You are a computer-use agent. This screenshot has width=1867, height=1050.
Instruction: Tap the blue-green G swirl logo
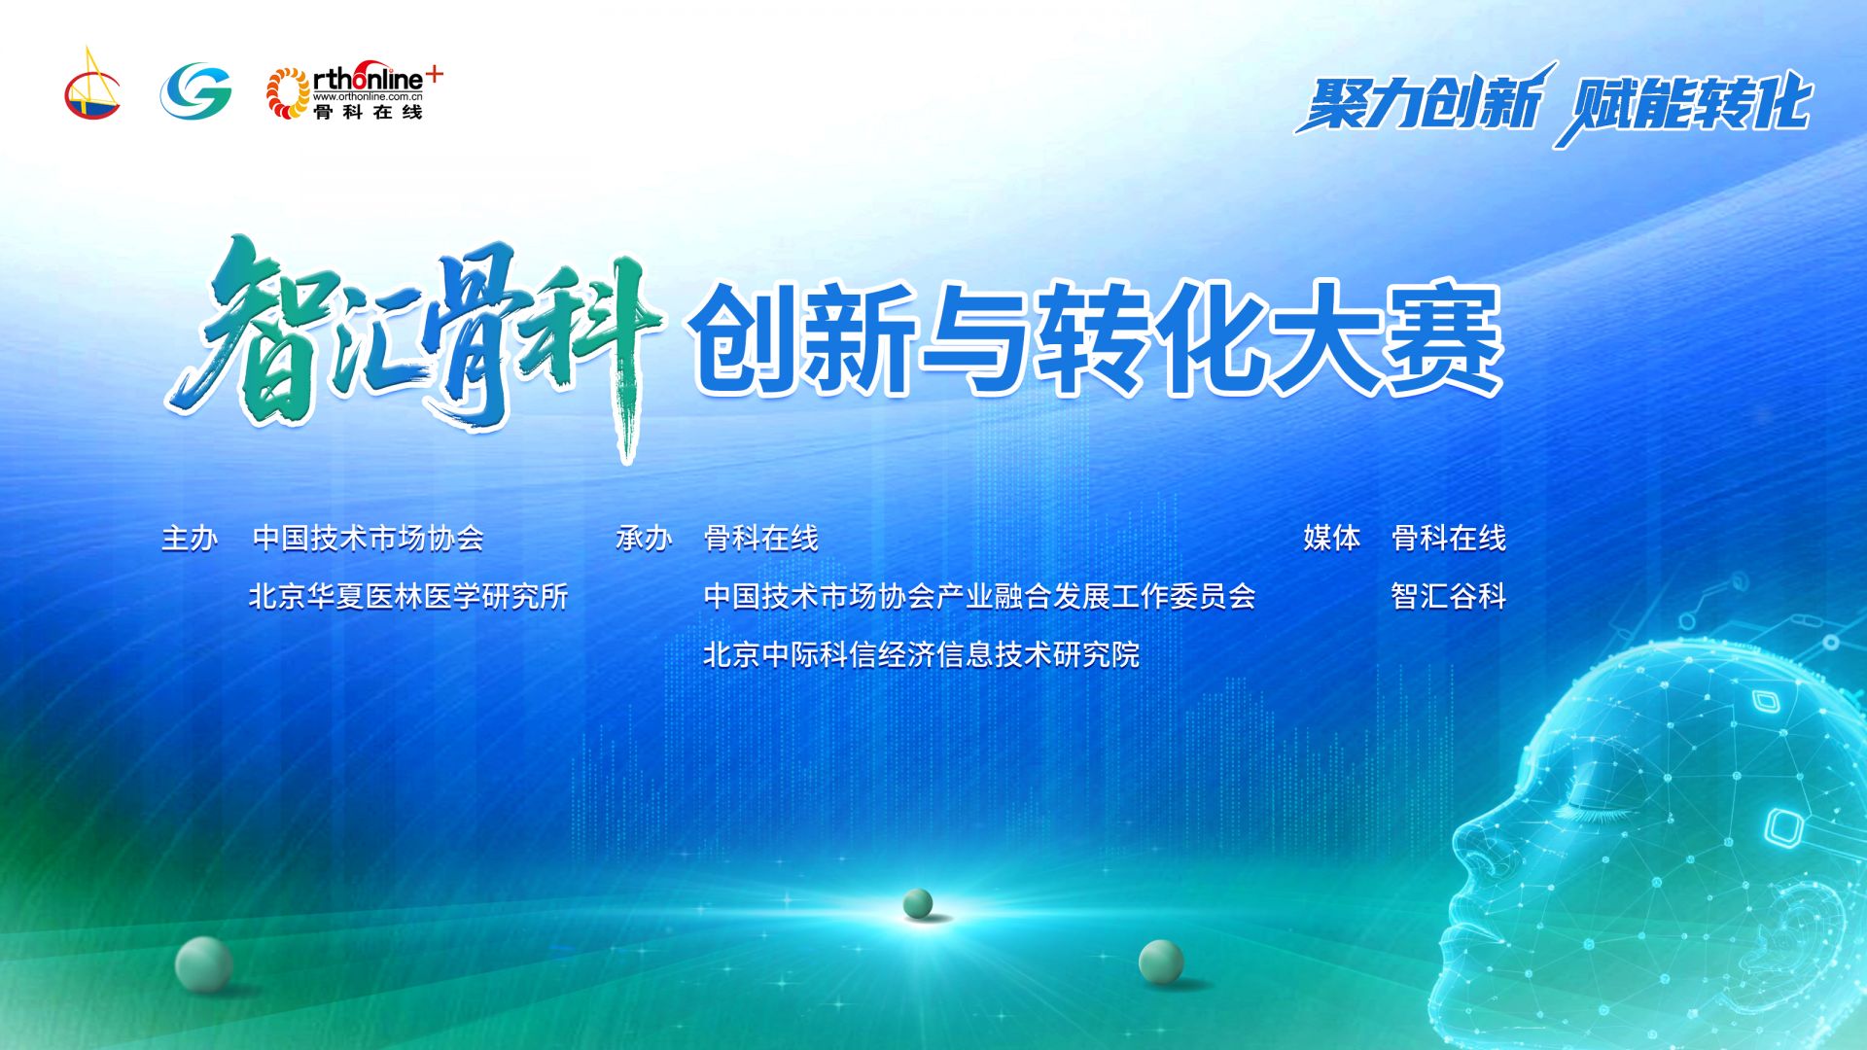[195, 90]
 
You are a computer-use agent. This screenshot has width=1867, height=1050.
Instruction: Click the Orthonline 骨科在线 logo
[354, 92]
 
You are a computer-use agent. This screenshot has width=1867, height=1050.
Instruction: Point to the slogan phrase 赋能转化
[1684, 105]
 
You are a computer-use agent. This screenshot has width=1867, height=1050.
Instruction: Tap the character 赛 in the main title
[1443, 339]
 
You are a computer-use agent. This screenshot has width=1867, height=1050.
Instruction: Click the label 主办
[190, 538]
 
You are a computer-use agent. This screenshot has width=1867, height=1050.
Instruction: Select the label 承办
[644, 538]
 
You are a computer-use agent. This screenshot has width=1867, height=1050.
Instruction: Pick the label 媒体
[1332, 538]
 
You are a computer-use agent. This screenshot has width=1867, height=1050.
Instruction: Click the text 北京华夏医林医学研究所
[408, 596]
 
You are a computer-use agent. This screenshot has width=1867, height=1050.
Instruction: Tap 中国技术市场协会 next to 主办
[368, 538]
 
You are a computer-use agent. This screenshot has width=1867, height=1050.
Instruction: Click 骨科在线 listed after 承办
[761, 538]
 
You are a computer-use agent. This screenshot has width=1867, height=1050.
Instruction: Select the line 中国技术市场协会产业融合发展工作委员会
[979, 596]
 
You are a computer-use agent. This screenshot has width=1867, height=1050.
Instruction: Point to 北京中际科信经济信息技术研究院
[921, 654]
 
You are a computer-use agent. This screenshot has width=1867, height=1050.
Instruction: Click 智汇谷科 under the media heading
[1449, 596]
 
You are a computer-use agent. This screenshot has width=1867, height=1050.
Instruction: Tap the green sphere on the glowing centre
[918, 903]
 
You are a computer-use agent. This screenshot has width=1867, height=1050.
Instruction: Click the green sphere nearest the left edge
[203, 964]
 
